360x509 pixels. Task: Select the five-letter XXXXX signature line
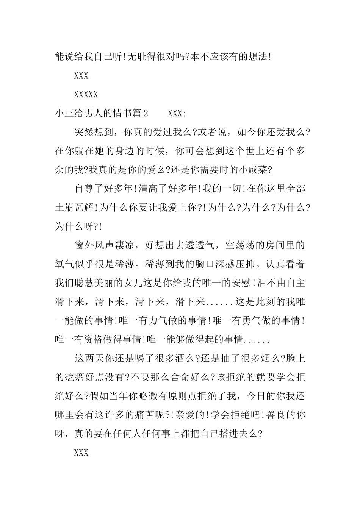86,94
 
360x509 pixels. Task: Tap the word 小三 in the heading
65,113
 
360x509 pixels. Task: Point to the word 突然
85,132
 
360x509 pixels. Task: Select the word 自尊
85,189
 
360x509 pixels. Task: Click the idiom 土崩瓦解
75,208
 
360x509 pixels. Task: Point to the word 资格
94,340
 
